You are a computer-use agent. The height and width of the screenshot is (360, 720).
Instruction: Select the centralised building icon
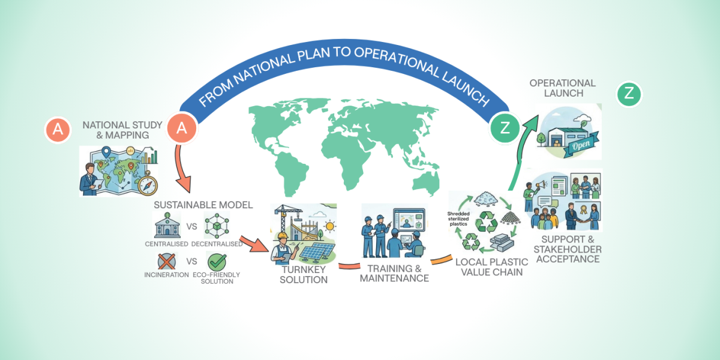coord(167,227)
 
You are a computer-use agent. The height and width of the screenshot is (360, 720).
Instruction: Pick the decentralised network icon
coord(216,226)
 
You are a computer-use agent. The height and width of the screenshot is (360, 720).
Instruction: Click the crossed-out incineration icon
coord(167,262)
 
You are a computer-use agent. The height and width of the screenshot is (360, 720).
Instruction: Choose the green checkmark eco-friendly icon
coord(217,262)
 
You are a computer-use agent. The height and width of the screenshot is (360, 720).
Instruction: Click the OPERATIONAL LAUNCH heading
coord(562,88)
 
